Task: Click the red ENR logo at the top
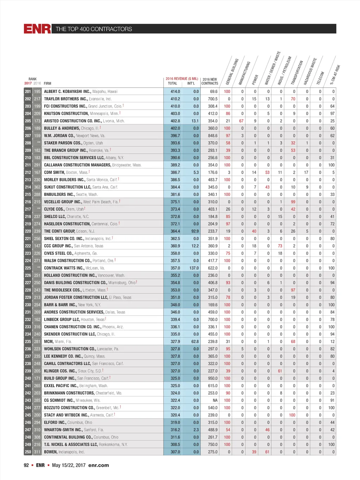point(37,29)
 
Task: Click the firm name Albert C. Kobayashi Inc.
point(67,91)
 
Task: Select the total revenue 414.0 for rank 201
point(175,91)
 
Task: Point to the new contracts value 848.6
point(212,136)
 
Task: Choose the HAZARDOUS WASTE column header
point(310,72)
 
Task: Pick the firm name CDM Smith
point(54,172)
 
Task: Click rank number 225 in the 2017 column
point(28,268)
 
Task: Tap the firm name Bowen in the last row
point(51,452)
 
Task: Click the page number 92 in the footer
point(26,465)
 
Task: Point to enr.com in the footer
point(98,465)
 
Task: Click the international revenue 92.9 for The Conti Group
point(195,231)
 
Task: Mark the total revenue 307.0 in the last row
point(175,452)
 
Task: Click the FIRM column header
point(47,83)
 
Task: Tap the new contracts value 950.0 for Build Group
point(212,378)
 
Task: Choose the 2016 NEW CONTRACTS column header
point(210,82)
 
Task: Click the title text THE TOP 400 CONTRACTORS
point(94,29)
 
